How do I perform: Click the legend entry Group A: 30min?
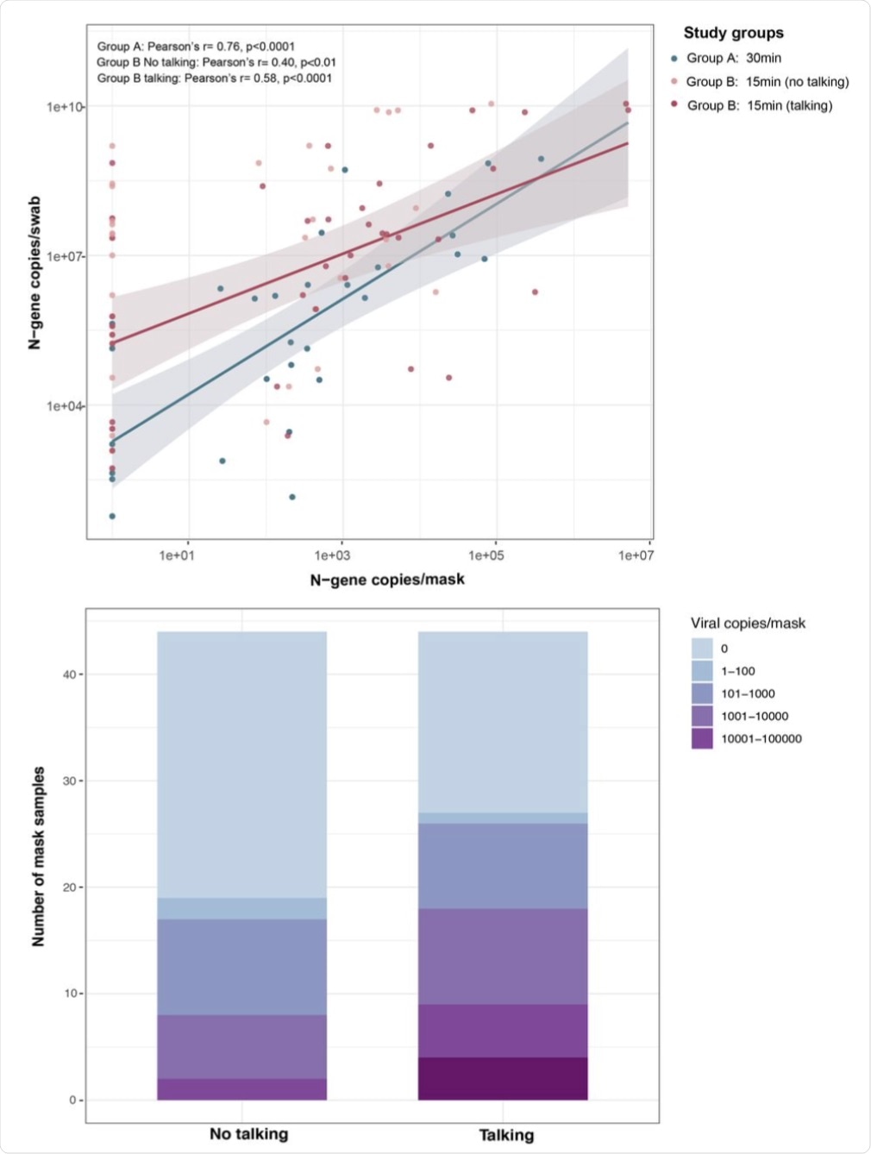(x=733, y=58)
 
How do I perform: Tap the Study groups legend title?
(x=733, y=33)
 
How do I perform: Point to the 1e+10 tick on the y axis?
(x=66, y=107)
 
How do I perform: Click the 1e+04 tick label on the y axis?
(x=66, y=405)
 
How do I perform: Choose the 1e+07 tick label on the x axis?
(x=636, y=555)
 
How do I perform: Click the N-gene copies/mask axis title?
(x=387, y=580)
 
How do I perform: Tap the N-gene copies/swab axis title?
(x=35, y=273)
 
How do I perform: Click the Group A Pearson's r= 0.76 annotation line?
(x=196, y=47)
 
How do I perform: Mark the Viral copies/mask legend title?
(x=748, y=623)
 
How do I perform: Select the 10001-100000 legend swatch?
(x=702, y=738)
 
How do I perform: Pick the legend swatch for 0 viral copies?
(x=702, y=649)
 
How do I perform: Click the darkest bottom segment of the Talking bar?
(x=503, y=1078)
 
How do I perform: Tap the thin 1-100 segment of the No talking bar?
(x=241, y=908)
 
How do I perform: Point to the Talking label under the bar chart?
(x=506, y=1135)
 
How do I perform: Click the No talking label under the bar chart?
(x=248, y=1134)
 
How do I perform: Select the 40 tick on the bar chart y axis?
(x=69, y=674)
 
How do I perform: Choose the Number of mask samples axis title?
(x=39, y=856)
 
